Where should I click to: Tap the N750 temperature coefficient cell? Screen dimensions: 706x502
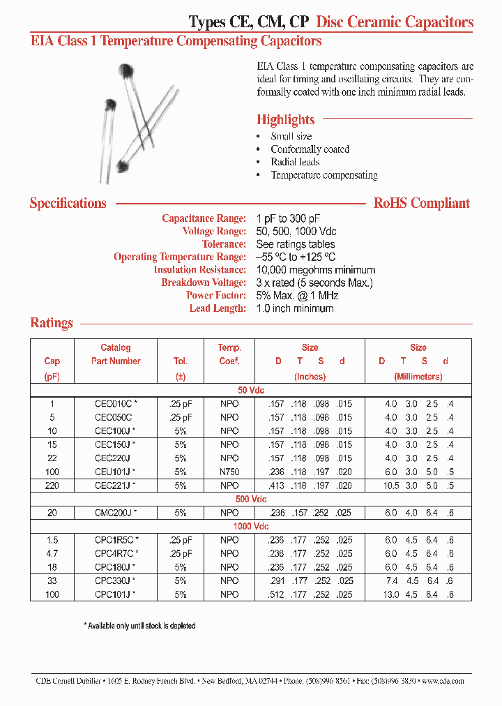click(229, 472)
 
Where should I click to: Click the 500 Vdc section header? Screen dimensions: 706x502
click(251, 500)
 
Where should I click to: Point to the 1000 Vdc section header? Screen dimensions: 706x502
click(251, 527)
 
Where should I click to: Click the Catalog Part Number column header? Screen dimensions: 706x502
click(116, 354)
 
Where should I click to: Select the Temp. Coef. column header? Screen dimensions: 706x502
click(229, 354)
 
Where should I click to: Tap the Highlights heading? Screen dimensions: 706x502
click(285, 119)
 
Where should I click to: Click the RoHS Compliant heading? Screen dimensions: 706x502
click(422, 204)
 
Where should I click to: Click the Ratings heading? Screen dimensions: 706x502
click(52, 323)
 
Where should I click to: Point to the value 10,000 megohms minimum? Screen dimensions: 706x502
click(316, 270)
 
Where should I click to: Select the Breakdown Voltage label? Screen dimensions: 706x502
click(203, 283)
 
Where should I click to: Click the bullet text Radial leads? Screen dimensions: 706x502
click(295, 162)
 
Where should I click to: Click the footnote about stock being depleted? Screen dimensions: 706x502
click(139, 626)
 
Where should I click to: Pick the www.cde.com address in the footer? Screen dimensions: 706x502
click(443, 681)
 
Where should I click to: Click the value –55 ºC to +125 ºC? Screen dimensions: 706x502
click(296, 257)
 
